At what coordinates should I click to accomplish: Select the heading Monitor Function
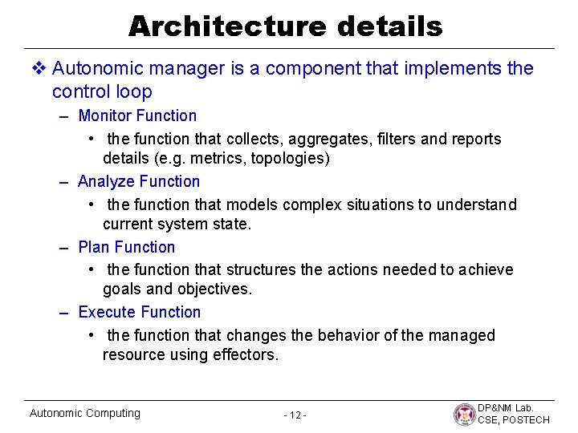[x=137, y=116]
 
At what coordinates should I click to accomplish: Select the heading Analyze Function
[x=139, y=182]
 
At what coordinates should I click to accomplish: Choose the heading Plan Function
[x=126, y=247]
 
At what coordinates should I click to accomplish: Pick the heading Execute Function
[x=140, y=313]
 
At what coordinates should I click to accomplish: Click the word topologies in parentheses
[x=288, y=159]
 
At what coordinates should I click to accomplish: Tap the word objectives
[x=214, y=289]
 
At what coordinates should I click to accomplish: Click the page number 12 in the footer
[x=295, y=415]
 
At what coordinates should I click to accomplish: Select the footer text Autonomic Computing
[x=84, y=414]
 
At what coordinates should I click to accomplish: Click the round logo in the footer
[x=464, y=415]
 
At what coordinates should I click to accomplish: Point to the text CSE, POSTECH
[x=514, y=420]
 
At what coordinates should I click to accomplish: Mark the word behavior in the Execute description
[x=352, y=335]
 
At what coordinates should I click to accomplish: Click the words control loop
[x=101, y=91]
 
